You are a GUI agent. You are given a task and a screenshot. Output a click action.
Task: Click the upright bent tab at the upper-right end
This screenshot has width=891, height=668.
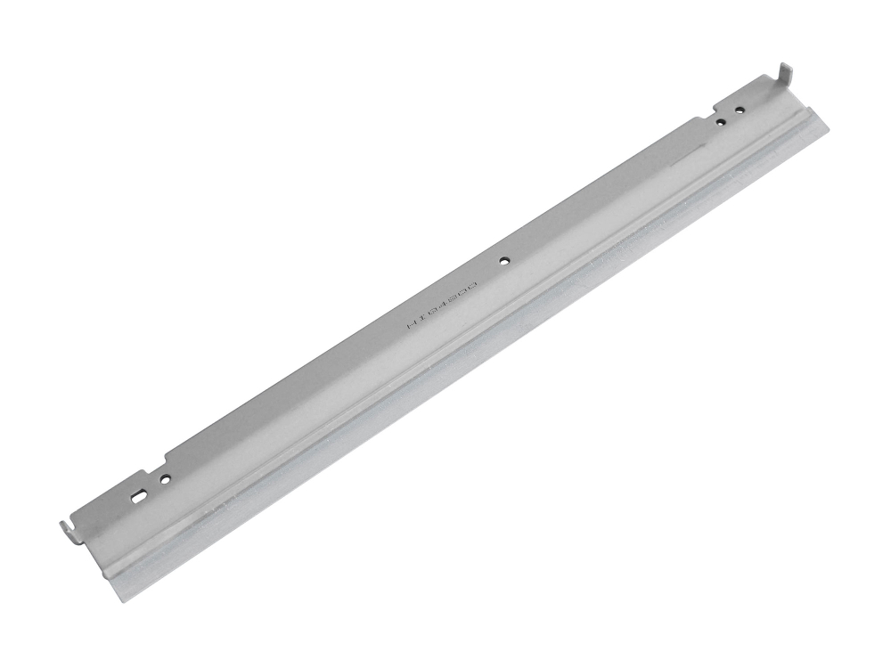click(785, 75)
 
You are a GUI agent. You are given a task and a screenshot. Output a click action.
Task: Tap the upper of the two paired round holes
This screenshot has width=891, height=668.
click(740, 111)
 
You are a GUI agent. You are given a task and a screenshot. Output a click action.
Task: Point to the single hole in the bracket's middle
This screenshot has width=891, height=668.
click(505, 262)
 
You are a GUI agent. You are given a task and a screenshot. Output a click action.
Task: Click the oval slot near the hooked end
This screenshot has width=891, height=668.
click(138, 493)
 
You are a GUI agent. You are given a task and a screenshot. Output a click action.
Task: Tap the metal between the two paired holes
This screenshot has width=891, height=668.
click(730, 116)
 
